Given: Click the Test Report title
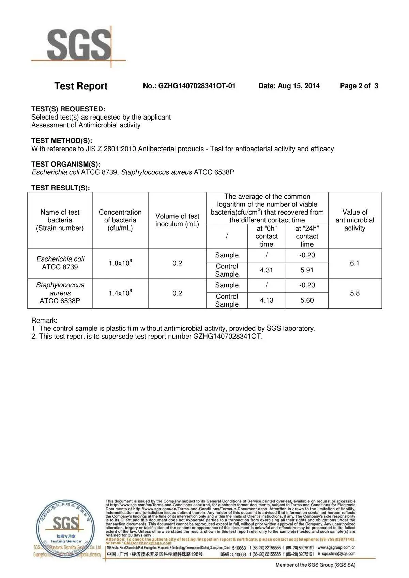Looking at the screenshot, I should click(81, 86).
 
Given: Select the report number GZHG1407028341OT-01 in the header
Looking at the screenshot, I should click(189, 86).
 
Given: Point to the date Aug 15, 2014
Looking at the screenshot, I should click(289, 86).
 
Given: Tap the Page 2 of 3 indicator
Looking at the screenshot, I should click(359, 86).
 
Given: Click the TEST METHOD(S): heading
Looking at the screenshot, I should click(62, 141).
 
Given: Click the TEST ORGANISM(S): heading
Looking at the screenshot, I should click(66, 164).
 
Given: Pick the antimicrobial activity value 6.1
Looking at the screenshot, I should click(354, 263).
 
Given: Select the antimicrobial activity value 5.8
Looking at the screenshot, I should click(354, 293).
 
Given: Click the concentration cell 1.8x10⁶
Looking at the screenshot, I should click(120, 263).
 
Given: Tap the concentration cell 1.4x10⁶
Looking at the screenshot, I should click(120, 293).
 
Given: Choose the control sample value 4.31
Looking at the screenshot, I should click(267, 270).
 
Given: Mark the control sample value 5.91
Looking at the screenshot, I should click(307, 270).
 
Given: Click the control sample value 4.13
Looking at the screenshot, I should click(267, 300).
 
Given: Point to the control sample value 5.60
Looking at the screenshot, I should click(307, 300).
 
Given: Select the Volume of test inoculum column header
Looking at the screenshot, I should click(177, 220).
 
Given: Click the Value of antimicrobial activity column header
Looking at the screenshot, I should click(354, 220).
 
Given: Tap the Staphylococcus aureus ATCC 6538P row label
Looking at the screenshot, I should click(60, 293).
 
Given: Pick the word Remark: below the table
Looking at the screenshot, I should click(44, 321).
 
